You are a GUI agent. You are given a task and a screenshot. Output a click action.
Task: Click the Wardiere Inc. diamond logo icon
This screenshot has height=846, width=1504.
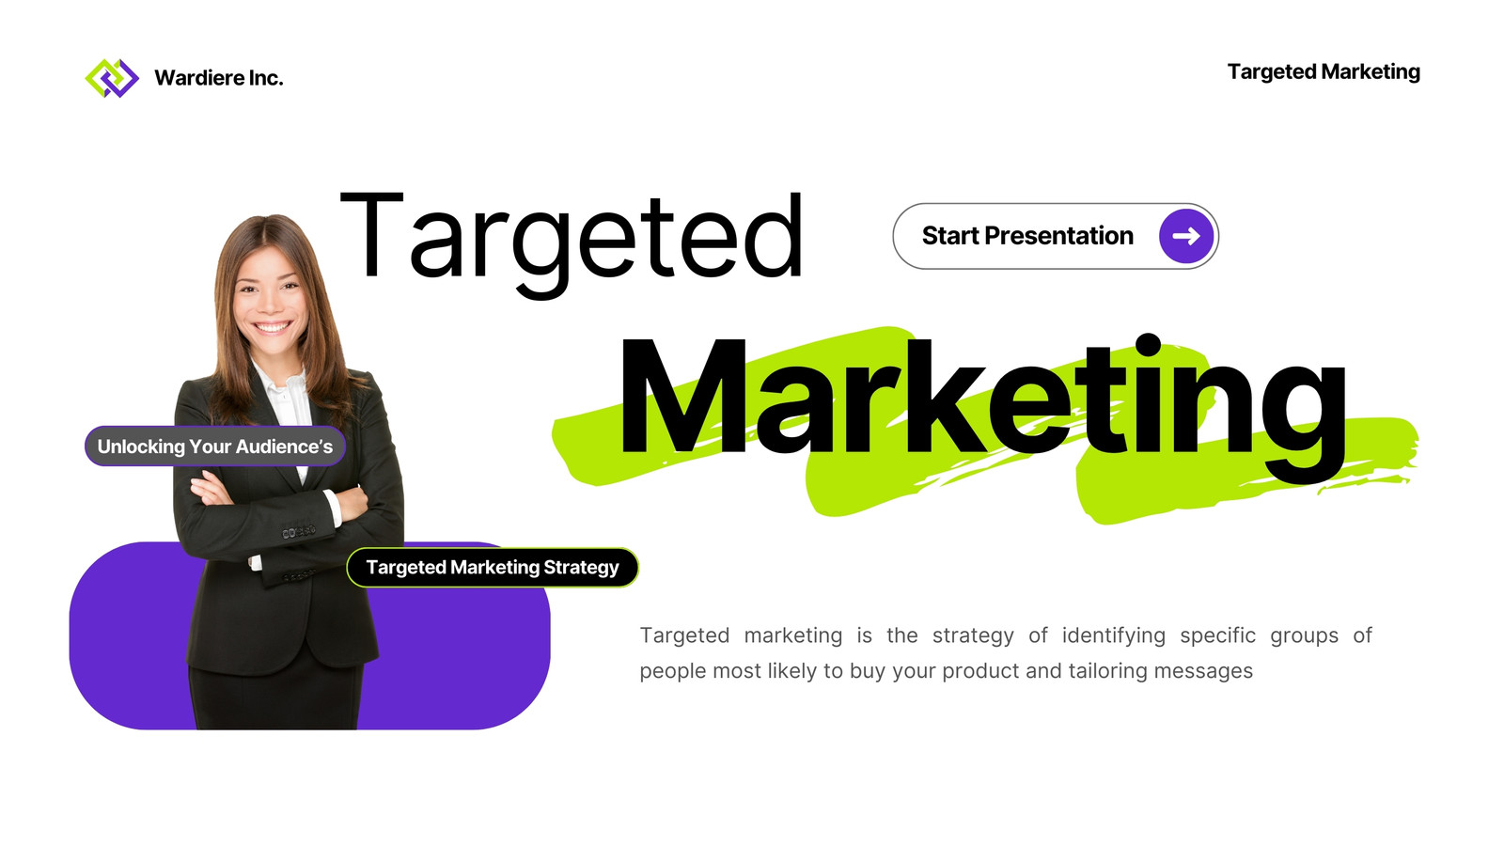pos(112,78)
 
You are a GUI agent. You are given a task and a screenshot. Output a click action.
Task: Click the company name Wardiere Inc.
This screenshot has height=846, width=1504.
pos(219,78)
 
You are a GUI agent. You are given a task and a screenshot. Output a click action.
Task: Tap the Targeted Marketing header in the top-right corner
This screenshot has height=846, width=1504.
pos(1324,71)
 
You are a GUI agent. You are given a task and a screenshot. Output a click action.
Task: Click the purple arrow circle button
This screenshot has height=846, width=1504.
pos(1185,236)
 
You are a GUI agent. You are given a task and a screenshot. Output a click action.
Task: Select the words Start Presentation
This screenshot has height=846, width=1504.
pos(1027,236)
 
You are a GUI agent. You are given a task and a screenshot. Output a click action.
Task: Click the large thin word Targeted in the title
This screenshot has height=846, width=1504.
pos(572,242)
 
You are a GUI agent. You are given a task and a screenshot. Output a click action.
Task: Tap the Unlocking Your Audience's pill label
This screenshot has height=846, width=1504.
pos(215,446)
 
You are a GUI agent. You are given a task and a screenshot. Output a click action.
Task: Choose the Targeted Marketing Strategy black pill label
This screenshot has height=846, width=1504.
pos(493,568)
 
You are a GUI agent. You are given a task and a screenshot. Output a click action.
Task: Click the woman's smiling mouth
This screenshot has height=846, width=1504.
pos(272,328)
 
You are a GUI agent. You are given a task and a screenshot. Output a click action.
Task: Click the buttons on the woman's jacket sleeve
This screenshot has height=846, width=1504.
pos(299,532)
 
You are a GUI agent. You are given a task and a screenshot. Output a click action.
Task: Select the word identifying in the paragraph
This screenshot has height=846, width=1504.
pos(1113,635)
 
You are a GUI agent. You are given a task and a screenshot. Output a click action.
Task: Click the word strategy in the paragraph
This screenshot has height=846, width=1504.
pos(973,636)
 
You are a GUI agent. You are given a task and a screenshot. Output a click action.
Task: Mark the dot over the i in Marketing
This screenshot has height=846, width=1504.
pos(1149,345)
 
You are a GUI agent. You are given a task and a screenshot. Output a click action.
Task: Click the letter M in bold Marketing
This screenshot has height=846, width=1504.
pos(682,396)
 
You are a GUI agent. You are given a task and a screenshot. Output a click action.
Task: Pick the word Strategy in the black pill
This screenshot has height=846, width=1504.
pos(581,568)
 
